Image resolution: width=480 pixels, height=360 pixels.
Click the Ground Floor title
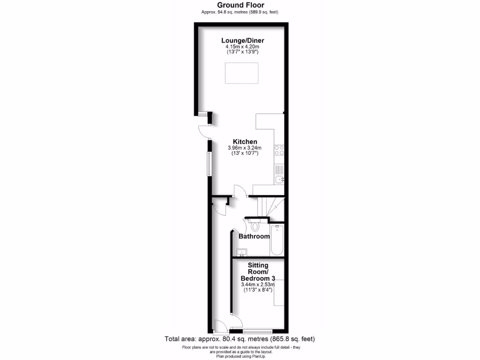tap(240, 5)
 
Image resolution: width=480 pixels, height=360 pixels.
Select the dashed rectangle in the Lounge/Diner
tap(241, 73)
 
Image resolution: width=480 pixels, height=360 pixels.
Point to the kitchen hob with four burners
tap(279, 150)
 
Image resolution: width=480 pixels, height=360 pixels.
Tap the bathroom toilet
tap(255, 226)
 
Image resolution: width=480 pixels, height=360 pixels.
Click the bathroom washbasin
tap(241, 253)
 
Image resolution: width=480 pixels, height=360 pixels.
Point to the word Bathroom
tap(254, 236)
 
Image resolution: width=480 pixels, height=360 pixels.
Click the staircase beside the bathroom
tap(270, 207)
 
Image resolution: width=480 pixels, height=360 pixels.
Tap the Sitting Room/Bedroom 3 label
tap(258, 272)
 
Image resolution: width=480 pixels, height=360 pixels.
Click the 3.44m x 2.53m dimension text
tap(257, 284)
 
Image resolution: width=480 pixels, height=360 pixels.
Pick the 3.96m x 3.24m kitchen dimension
tap(244, 148)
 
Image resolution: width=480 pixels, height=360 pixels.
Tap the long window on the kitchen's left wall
tap(210, 163)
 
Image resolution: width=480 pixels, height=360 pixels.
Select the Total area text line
tap(240, 339)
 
